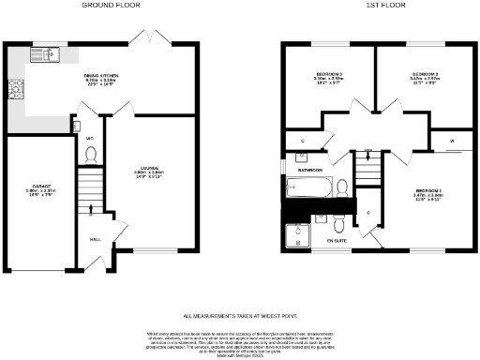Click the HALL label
tap(95, 239)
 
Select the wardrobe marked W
tap(451, 142)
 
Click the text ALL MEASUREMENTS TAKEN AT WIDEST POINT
tap(239, 316)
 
